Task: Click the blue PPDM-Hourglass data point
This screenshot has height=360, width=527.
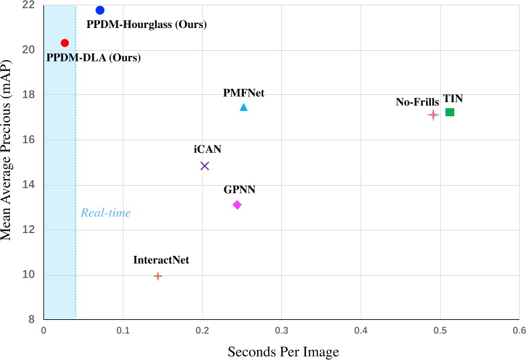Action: coord(100,10)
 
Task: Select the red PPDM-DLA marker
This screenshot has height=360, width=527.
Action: coord(65,43)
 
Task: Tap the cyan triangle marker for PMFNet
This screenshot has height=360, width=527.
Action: coord(244,108)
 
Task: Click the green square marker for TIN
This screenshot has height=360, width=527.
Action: coord(450,112)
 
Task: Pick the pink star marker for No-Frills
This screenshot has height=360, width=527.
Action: coord(433,115)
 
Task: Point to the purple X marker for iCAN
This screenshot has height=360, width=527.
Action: coord(204,166)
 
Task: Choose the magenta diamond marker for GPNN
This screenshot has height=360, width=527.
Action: coord(236,205)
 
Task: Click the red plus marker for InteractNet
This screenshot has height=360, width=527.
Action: coord(158,276)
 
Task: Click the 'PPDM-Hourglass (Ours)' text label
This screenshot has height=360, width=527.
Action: coord(147,25)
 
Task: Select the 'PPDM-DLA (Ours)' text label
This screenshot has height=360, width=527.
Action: coord(94,58)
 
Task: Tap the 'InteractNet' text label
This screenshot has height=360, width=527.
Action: coord(161,260)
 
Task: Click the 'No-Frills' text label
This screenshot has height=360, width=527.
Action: coord(417,102)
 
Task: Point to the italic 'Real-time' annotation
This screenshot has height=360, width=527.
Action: coord(106,213)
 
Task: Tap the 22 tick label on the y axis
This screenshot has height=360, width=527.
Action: coord(29,5)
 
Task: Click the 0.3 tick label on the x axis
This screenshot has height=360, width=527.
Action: coord(281,330)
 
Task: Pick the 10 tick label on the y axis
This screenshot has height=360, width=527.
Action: coord(29,275)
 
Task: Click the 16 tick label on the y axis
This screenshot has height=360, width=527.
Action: coord(29,140)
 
